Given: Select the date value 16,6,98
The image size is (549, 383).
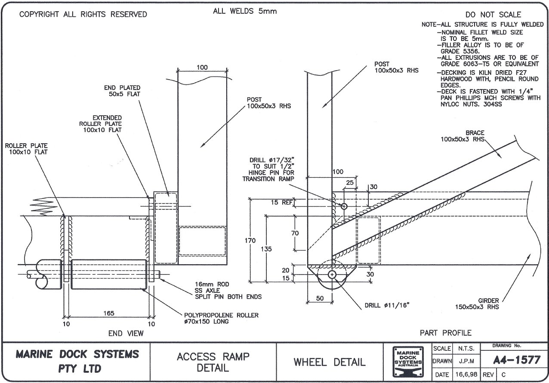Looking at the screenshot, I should (466, 375).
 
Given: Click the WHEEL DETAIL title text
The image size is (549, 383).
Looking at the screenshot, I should (330, 362).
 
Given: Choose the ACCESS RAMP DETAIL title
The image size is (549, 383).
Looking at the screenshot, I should (213, 362).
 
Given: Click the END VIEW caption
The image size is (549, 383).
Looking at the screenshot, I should (126, 333).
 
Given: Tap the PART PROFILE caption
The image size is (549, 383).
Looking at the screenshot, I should (446, 333).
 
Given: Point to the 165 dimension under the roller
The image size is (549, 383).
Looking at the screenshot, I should (108, 313).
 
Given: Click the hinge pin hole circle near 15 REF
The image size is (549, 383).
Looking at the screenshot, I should (344, 207).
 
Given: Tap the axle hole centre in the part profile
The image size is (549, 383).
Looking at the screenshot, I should (332, 275).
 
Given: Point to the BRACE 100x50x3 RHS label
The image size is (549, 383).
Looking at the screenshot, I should (463, 136).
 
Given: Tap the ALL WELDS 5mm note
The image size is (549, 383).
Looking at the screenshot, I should (245, 11).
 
